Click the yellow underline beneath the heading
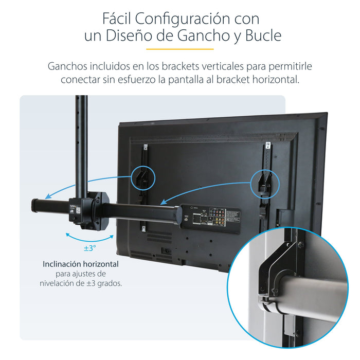[179, 49]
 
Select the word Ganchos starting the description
[67, 67]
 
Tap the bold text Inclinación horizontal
[81, 264]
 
